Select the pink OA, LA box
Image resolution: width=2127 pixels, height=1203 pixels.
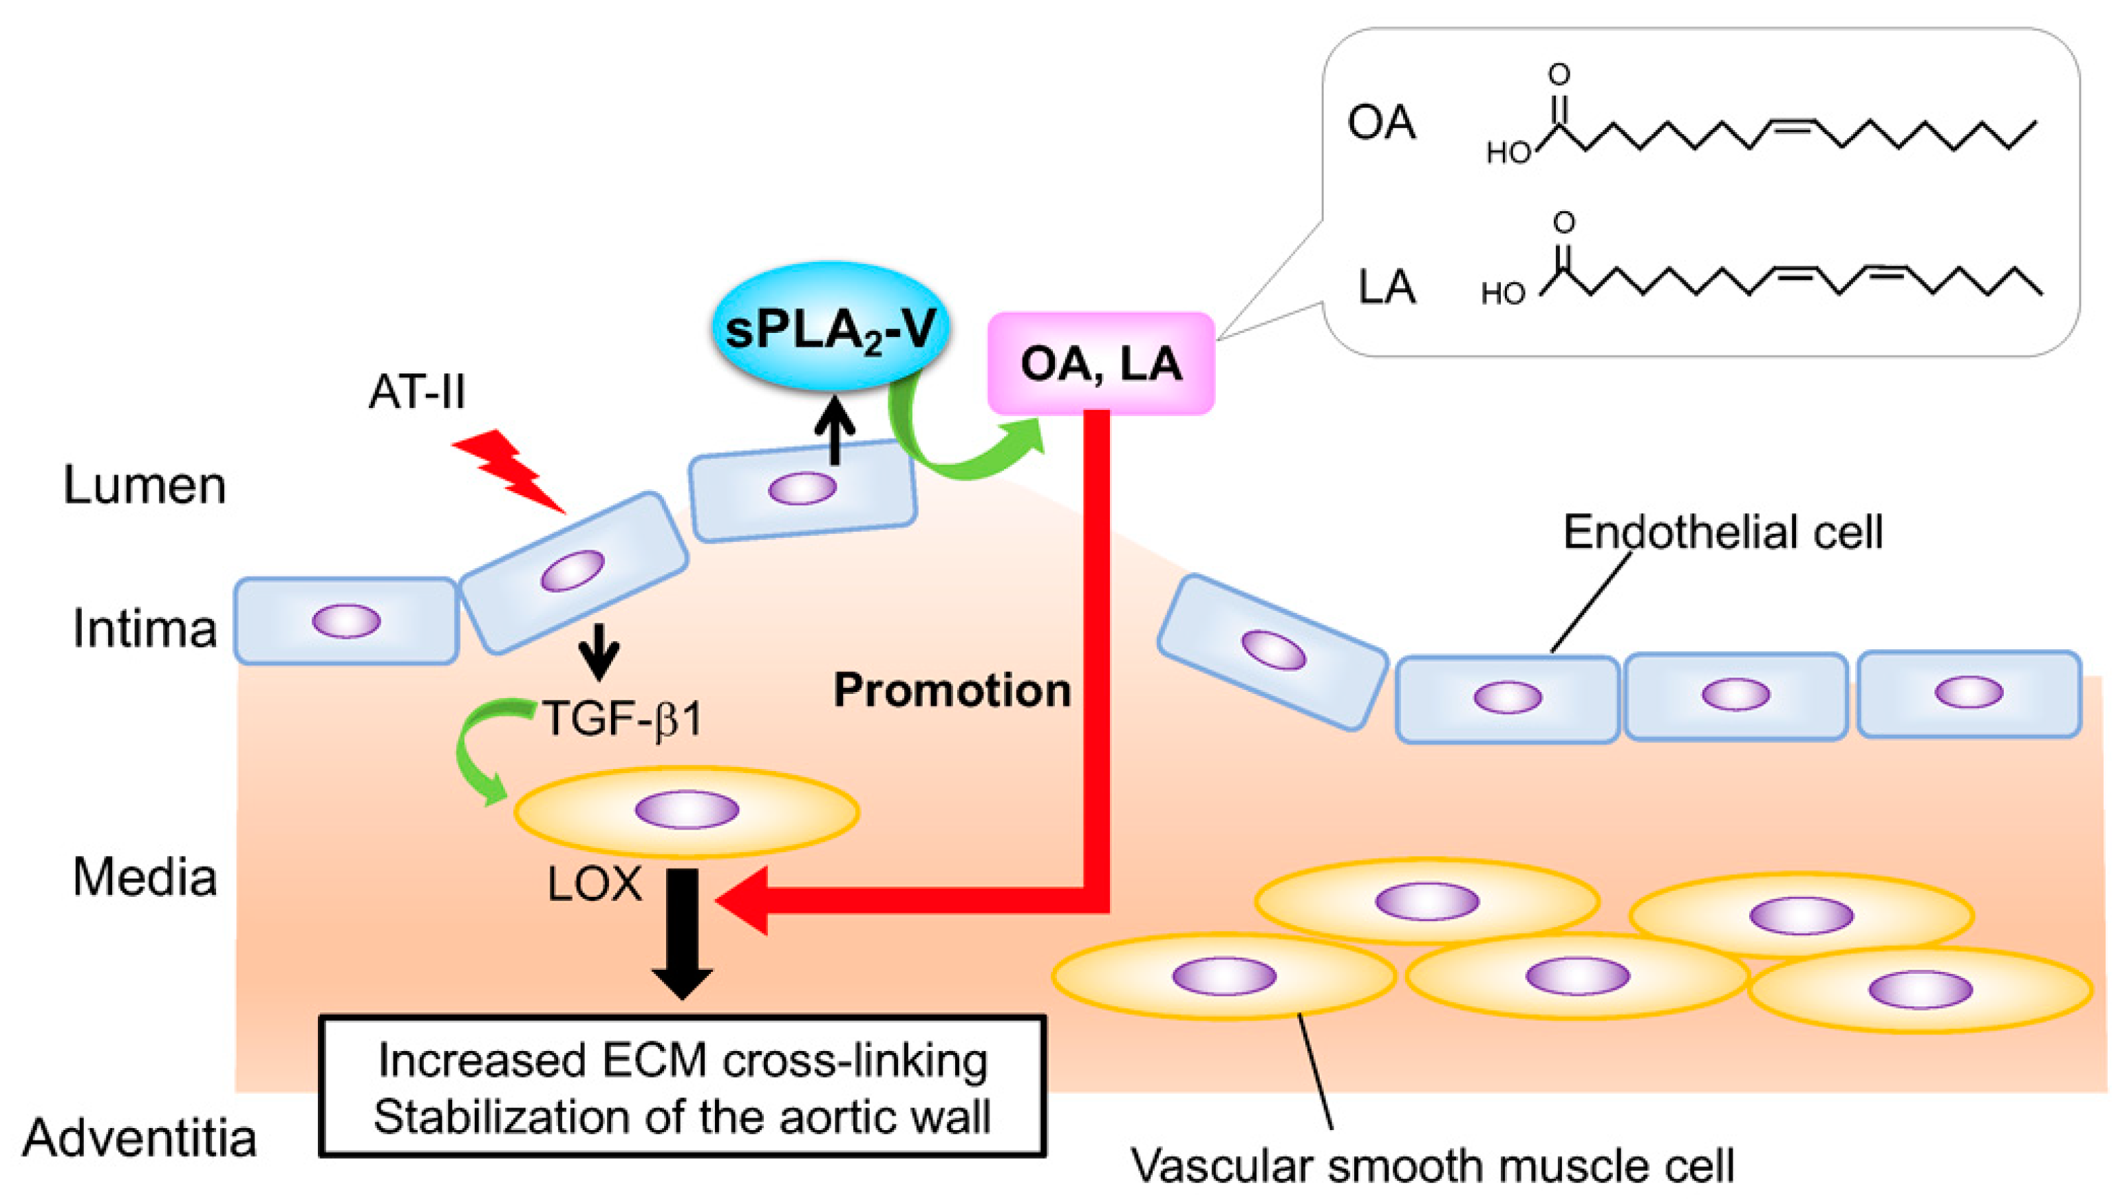[1101, 364]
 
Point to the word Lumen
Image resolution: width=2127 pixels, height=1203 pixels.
[145, 485]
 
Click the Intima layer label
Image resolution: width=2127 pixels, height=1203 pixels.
[145, 629]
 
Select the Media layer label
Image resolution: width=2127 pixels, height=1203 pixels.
[145, 877]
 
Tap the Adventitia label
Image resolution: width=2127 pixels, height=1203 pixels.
[139, 1138]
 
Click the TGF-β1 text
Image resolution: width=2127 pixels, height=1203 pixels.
[621, 718]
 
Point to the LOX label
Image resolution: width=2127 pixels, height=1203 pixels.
[594, 884]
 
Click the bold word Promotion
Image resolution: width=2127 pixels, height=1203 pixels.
[951, 690]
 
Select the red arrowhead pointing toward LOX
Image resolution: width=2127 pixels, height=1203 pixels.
[744, 900]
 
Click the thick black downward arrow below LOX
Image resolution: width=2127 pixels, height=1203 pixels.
[682, 933]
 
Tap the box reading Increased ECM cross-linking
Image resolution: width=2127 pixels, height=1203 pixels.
[682, 1087]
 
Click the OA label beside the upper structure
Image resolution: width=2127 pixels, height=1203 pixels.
[1381, 123]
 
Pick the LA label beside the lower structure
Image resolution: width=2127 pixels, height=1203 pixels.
[1387, 288]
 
